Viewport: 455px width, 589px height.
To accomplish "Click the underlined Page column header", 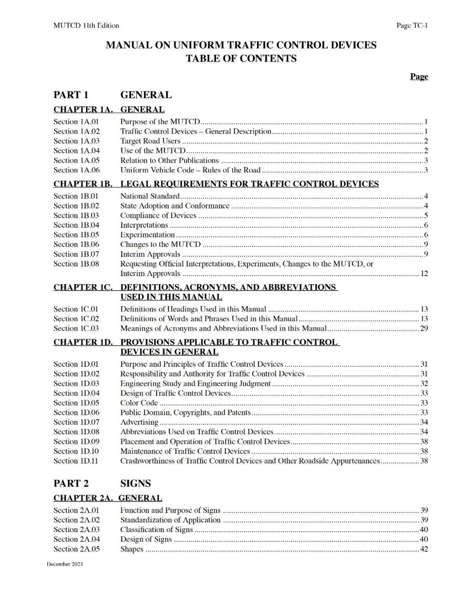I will point(419,76).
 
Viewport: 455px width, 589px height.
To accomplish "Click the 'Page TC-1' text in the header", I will point(412,26).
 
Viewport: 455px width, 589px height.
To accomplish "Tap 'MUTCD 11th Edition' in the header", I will point(86,26).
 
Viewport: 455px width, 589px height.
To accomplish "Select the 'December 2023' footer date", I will point(65,564).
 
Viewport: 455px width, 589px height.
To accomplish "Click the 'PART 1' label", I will point(71,95).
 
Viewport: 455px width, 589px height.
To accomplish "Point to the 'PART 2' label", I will point(71,483).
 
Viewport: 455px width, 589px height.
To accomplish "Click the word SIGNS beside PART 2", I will point(136,483).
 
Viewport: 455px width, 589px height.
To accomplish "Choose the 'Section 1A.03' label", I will point(76,141).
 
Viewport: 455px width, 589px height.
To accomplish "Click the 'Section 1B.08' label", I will point(76,264).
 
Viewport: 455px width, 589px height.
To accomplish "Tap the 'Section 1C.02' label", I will point(76,319).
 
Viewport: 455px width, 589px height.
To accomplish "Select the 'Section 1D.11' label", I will point(76,461).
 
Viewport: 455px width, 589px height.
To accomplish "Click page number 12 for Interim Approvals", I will point(424,274).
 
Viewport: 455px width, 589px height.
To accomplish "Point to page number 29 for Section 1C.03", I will point(424,328).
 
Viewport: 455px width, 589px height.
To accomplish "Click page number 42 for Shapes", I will point(424,549).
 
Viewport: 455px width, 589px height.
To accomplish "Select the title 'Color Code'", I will point(139,403).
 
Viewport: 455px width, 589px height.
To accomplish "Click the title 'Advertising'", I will point(139,422).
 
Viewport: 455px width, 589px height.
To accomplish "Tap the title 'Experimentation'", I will point(147,235).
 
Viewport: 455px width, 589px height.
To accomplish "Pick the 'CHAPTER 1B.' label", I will point(83,184).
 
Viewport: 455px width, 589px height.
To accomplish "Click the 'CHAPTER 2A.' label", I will point(83,498).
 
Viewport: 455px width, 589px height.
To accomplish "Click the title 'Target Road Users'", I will point(150,141).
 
